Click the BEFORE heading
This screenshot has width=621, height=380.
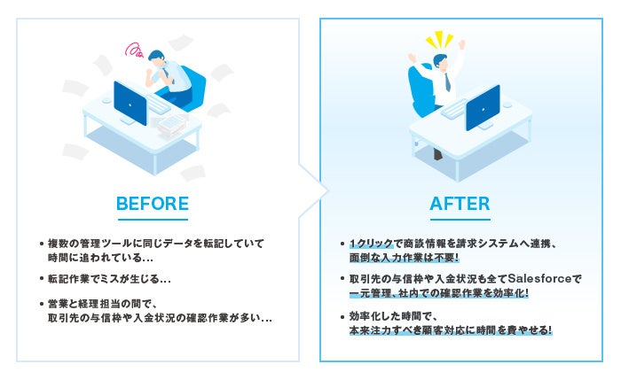tap(152, 204)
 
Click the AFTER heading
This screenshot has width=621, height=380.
tap(460, 204)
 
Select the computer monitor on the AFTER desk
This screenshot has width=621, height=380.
tap(483, 105)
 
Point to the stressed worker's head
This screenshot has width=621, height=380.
tap(157, 58)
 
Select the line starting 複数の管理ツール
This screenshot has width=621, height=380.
tap(155, 242)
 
